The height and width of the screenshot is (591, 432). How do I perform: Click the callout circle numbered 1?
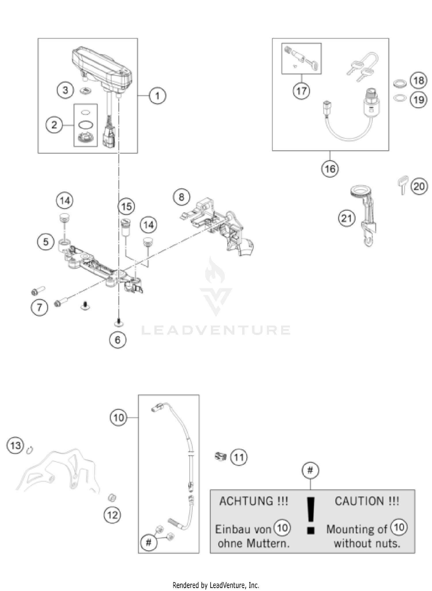click(157, 96)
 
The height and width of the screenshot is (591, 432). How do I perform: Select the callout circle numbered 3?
click(65, 90)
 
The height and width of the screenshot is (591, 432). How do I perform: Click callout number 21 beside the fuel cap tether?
click(346, 219)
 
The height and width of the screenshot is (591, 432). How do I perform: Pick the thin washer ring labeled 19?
click(400, 99)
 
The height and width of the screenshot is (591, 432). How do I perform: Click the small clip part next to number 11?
click(221, 456)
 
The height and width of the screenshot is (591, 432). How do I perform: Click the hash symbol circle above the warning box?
click(310, 470)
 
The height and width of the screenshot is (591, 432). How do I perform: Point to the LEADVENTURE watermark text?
click(216, 330)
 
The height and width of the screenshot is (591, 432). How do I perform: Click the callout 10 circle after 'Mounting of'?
click(399, 527)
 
